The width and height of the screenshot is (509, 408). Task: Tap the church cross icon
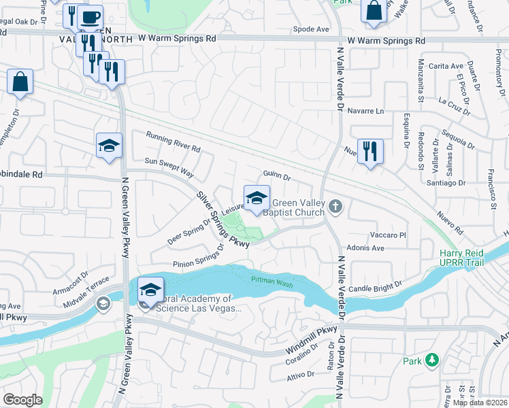334,206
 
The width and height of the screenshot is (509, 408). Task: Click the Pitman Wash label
272,281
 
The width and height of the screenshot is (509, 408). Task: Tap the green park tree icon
431,360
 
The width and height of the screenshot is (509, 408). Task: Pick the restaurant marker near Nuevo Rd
370,151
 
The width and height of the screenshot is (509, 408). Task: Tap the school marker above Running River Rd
109,146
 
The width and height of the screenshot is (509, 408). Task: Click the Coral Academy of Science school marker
150,290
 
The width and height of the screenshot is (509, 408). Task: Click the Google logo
22,400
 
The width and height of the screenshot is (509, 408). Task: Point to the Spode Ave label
311,29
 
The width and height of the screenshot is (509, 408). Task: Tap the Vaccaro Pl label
387,235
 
